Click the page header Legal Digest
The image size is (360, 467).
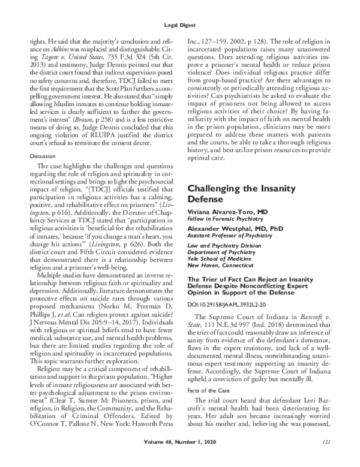(180, 25)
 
